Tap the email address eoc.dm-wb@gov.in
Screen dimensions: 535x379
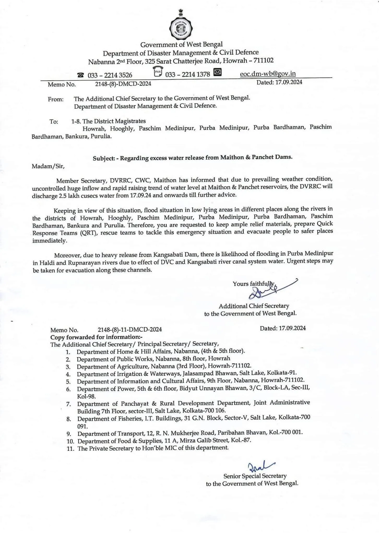pos(268,74)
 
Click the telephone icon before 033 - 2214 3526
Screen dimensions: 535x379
pos(81,75)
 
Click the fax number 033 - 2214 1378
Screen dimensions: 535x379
pos(187,74)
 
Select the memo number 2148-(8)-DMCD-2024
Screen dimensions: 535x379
pos(123,84)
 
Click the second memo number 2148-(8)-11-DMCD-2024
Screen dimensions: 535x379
pos(130,329)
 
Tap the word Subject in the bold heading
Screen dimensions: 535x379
pos(104,158)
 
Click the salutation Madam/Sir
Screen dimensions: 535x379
pos(48,166)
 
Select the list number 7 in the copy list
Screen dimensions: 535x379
pos(68,404)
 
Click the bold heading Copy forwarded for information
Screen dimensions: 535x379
pos(96,337)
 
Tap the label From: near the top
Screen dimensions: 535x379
pos(56,99)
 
